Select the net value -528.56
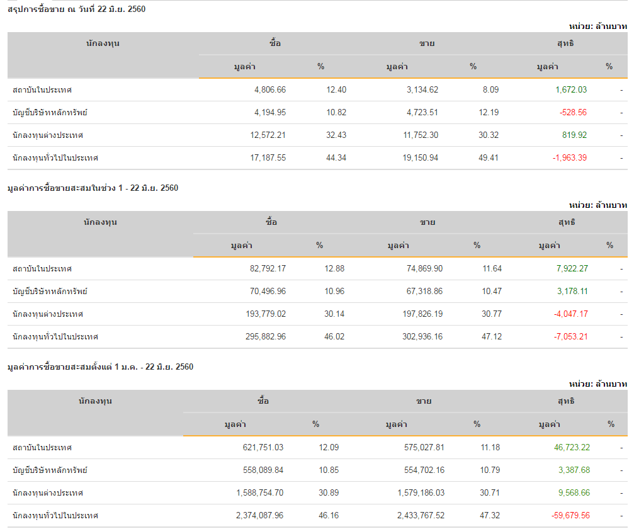[573, 113]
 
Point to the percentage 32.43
[336, 135]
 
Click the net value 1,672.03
[571, 90]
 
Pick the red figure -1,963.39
[569, 158]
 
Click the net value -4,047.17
[571, 314]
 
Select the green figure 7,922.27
[572, 269]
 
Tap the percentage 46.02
[334, 337]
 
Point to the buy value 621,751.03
[259, 448]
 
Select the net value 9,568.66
[574, 493]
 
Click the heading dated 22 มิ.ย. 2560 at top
[77, 9]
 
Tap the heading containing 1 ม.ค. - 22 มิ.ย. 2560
[100, 367]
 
